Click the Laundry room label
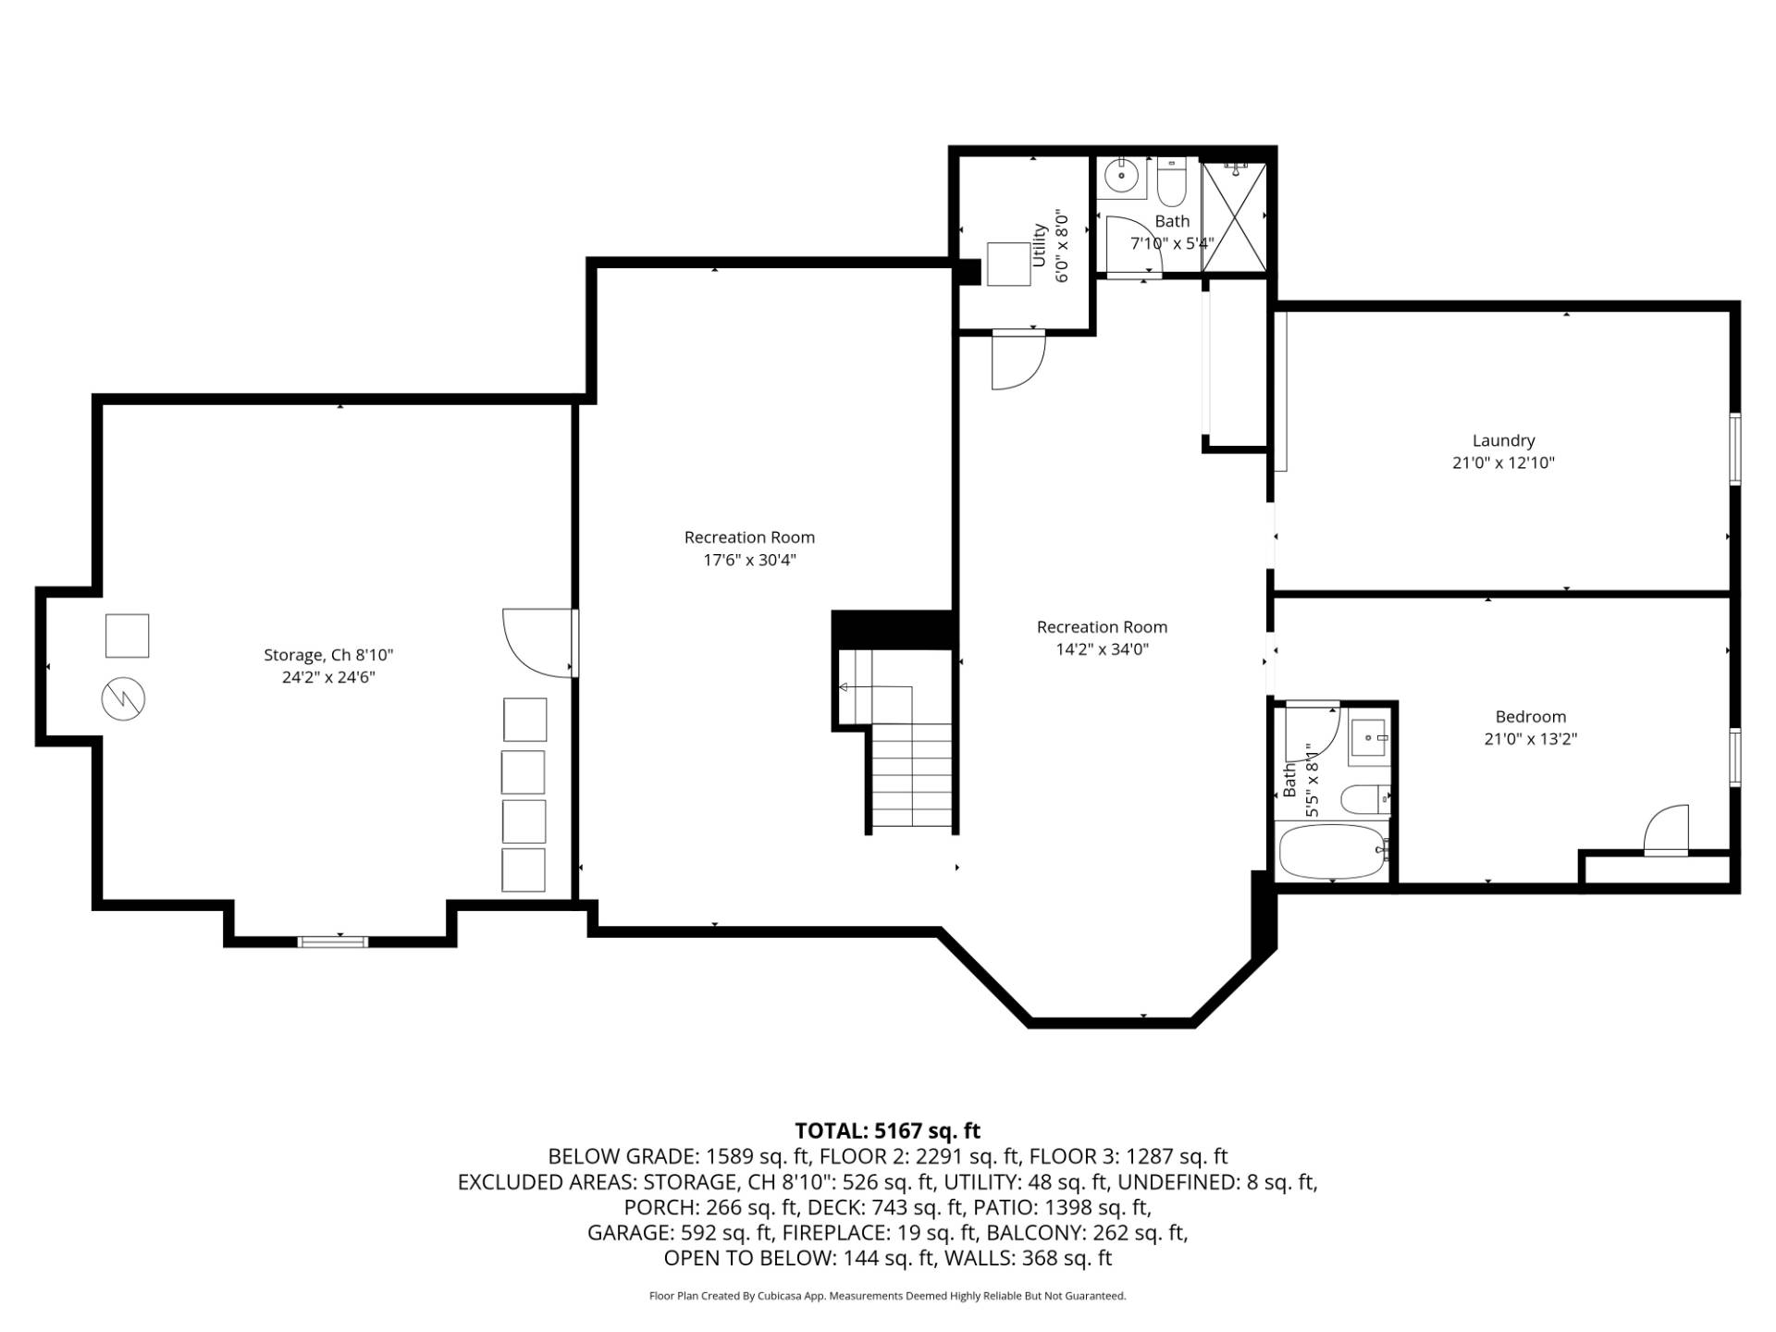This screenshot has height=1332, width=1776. coord(1503,441)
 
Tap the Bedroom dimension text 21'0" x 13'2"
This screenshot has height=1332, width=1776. coord(1530,739)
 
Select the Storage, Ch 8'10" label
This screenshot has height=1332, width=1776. coord(328,655)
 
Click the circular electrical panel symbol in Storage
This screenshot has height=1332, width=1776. coord(123,700)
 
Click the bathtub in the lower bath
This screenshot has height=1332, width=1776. coord(1331,851)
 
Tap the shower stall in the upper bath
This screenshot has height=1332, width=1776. coord(1234,217)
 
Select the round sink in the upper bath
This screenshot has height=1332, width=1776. coord(1123,174)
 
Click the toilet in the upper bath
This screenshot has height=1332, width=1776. coord(1171,183)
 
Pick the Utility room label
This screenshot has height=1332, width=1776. coord(1039,245)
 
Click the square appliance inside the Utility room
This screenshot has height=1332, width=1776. coord(1008,264)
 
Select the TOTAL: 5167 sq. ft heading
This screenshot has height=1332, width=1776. coord(887,1130)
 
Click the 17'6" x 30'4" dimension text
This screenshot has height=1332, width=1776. coord(749,560)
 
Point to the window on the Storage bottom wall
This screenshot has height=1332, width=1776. coord(333,942)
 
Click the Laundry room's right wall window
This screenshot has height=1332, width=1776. coord(1735,449)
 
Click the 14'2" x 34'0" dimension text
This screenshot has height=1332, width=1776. coord(1102,649)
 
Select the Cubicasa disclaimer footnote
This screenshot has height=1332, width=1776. coord(887,1296)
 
